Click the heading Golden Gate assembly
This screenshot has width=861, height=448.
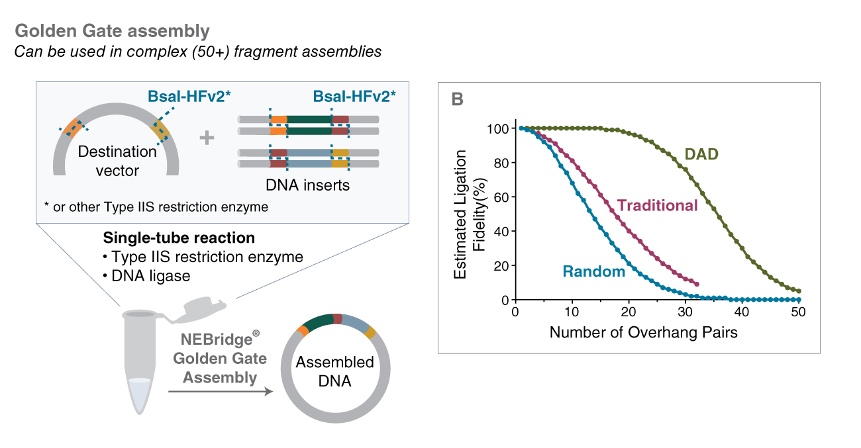(x=112, y=30)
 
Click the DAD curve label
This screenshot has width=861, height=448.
(x=701, y=155)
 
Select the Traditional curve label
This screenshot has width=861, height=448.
(x=658, y=206)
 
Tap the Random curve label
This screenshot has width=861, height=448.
(x=593, y=271)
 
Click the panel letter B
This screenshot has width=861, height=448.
(x=457, y=100)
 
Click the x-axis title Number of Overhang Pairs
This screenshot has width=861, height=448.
(x=643, y=332)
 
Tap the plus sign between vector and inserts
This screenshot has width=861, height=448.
(x=207, y=138)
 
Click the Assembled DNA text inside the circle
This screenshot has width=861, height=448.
(x=334, y=372)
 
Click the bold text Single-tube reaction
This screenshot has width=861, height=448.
(x=179, y=238)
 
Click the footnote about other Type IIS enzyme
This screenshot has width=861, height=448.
(x=156, y=207)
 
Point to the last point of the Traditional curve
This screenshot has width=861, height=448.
(x=697, y=285)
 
